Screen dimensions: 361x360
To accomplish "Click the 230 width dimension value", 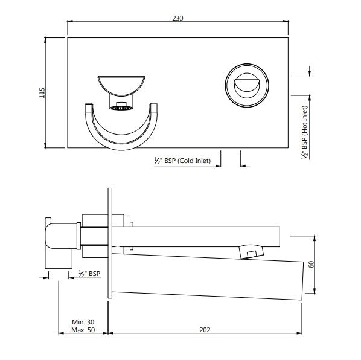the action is pyautogui.click(x=177, y=18).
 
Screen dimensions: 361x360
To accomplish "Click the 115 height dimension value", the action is pyautogui.click(x=42, y=92).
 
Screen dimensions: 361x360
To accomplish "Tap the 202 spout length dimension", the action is pyautogui.click(x=205, y=330).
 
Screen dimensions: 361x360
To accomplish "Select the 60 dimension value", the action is pyautogui.click(x=311, y=264).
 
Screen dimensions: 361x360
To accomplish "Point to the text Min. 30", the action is pyautogui.click(x=83, y=322).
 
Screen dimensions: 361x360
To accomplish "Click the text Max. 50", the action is pyautogui.click(x=83, y=330).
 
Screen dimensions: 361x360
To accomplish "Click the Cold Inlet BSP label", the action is pyautogui.click(x=182, y=161).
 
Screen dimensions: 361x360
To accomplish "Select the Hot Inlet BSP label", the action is pyautogui.click(x=304, y=132).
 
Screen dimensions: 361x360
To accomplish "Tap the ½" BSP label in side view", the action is pyautogui.click(x=89, y=274).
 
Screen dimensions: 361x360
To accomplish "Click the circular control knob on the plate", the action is pyautogui.click(x=247, y=85).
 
